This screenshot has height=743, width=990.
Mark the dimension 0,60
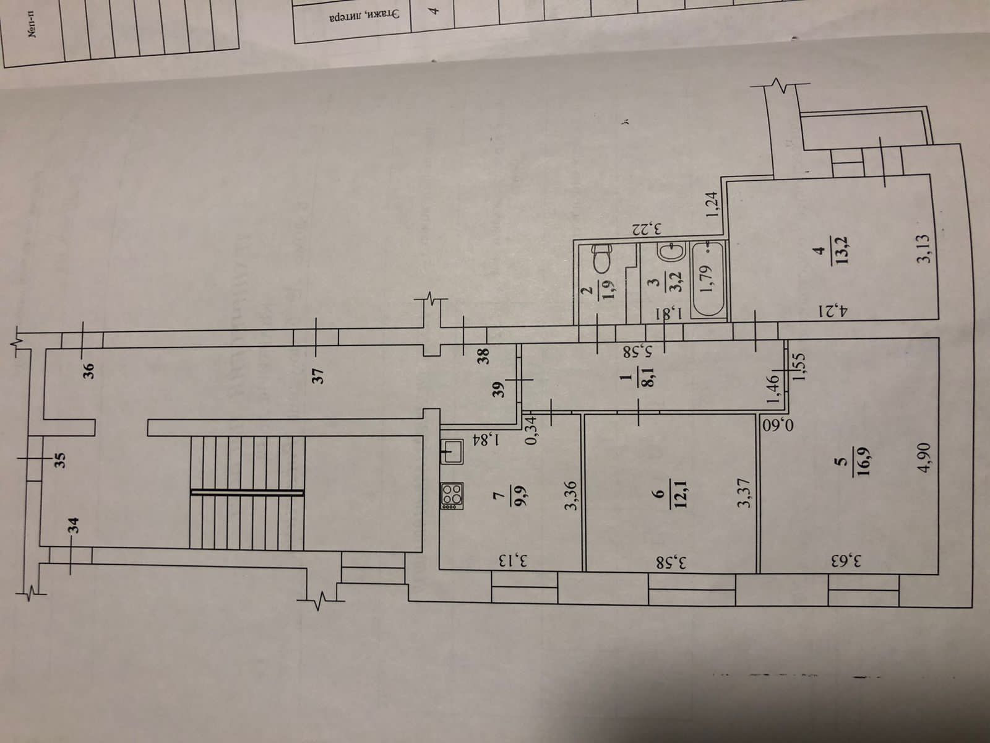774,426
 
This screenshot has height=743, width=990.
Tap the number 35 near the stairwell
59,460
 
